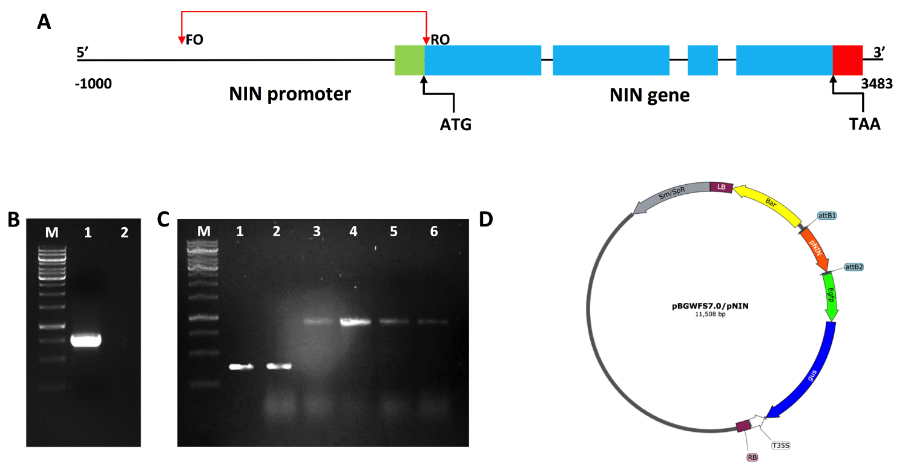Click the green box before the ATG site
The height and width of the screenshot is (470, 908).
click(409, 60)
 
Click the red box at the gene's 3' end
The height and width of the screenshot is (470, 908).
click(847, 60)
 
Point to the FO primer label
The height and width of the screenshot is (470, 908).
click(194, 40)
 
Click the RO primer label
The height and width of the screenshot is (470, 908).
click(440, 40)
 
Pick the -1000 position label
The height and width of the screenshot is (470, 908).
click(93, 84)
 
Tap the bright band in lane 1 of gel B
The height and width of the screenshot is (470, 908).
click(85, 340)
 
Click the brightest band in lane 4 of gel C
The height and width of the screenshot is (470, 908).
click(355, 322)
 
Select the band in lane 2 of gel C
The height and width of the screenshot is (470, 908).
click(279, 366)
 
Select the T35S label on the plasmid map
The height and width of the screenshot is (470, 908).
click(781, 445)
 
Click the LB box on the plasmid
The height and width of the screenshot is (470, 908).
click(721, 187)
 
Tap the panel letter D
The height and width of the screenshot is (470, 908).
click(486, 219)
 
